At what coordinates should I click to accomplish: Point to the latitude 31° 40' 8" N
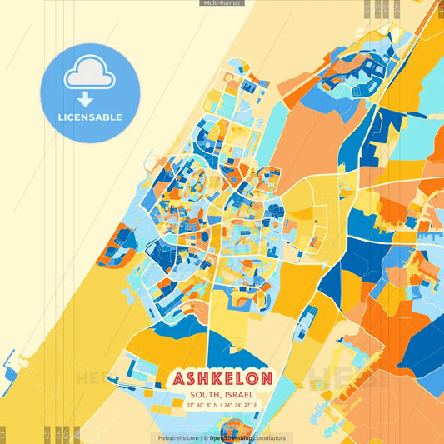204,405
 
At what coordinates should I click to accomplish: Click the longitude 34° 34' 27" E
242,405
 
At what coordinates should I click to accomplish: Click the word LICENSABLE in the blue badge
89,117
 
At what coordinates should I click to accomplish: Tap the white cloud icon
89,73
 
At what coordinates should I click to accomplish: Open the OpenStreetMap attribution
231,437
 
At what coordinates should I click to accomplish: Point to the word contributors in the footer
269,437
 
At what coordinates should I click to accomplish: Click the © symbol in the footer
205,437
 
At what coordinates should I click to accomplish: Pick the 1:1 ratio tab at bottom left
3,434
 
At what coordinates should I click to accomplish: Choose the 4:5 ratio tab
47,432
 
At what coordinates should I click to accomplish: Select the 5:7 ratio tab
67,432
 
